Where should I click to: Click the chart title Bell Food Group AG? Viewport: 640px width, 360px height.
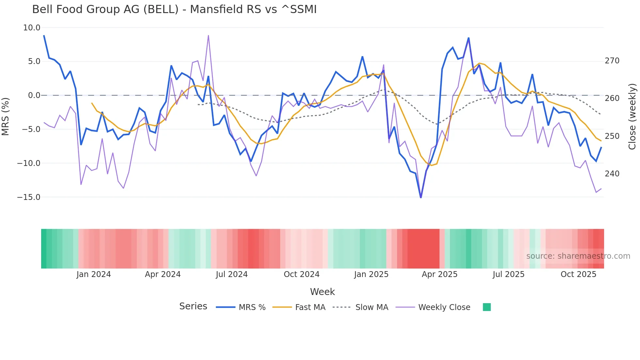(174, 9)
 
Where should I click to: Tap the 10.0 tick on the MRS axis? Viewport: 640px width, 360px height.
(32, 28)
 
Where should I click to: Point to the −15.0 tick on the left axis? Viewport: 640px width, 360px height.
(29, 197)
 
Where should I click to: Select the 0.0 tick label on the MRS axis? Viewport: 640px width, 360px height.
(34, 95)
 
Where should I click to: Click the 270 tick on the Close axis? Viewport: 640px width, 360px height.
(612, 61)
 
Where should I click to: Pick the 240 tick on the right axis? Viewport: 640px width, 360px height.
(612, 174)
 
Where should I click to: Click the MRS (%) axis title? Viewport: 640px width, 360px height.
(5, 117)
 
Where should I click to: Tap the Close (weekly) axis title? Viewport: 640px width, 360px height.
(632, 117)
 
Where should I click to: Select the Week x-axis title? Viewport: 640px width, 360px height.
(322, 292)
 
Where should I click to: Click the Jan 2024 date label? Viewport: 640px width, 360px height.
(94, 274)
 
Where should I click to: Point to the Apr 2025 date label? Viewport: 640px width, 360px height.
(440, 274)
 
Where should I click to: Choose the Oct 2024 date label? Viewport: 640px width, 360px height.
(301, 274)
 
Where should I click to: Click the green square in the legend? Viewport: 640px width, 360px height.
(487, 307)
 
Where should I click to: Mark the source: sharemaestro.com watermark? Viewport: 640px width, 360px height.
(578, 256)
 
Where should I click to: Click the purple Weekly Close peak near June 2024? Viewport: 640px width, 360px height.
(208, 36)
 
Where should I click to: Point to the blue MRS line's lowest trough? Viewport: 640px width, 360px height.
(421, 197)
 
